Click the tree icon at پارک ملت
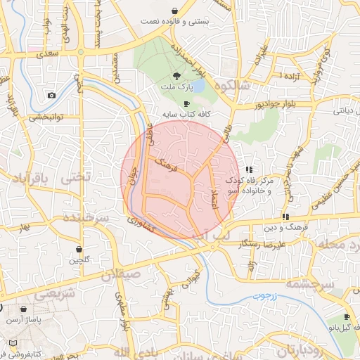tap(176, 75)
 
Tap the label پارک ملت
tap(180, 86)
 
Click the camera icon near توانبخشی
tap(51, 95)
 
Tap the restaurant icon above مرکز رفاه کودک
tap(249, 169)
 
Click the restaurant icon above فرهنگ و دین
tap(285, 217)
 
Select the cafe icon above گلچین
tap(78, 249)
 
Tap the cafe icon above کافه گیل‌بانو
tap(346, 317)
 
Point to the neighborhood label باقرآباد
tap(32, 179)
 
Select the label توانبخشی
tap(46, 117)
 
